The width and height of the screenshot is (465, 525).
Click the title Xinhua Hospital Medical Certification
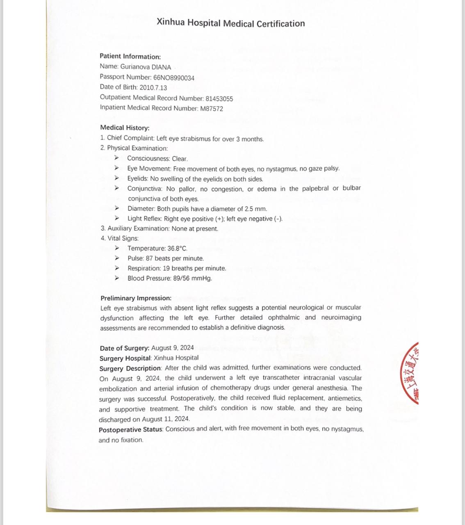coord(230,23)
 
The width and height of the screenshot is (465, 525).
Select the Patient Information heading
coord(130,57)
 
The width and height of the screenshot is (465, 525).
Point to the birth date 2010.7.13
coord(153,87)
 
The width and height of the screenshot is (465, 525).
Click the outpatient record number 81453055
coord(219,98)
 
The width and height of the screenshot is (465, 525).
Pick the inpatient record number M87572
coord(212,109)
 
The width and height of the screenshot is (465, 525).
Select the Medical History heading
coord(125,128)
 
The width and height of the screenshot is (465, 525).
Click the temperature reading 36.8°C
coord(177,249)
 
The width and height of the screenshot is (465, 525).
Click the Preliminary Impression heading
coord(136,298)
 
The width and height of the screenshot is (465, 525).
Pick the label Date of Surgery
coord(124,348)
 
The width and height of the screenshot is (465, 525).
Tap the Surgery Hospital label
coord(125,358)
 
